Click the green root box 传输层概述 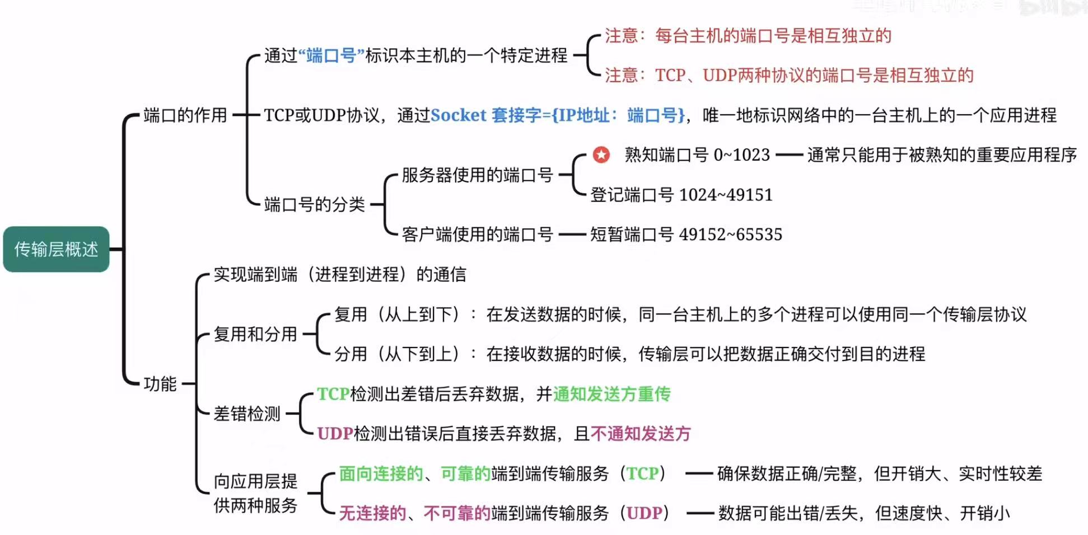point(56,249)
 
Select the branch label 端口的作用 point(185,115)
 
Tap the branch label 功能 point(160,384)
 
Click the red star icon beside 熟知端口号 point(601,154)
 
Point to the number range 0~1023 point(741,154)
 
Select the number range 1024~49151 point(726,195)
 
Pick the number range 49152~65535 point(730,234)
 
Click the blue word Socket point(458,115)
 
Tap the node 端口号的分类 point(314,204)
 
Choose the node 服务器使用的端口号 point(477,175)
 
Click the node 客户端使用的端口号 point(477,234)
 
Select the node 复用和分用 point(255,334)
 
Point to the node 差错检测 point(247,414)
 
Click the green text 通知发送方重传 point(611,394)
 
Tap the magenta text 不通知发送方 point(641,434)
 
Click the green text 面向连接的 point(381,473)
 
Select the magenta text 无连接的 point(372,513)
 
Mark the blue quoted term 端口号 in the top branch point(331,55)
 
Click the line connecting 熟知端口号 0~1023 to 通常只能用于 point(789,154)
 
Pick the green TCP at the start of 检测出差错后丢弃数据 point(333,394)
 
